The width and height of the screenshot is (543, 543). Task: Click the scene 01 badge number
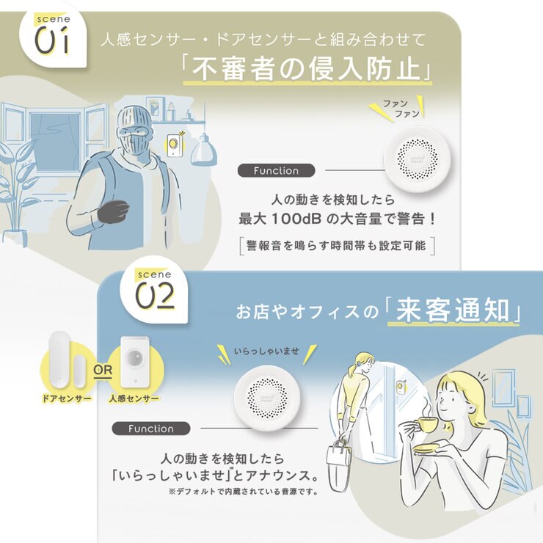coord(52,42)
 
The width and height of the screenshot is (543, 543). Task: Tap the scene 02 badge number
coord(154,296)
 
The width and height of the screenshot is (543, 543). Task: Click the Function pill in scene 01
coord(276,171)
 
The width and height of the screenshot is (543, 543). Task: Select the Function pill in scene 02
coord(151,429)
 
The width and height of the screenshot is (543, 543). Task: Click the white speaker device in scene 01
coord(418,159)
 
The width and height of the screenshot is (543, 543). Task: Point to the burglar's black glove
coord(113,211)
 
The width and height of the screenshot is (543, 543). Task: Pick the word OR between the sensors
coord(103,370)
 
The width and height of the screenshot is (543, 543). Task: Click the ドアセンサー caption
coord(67,399)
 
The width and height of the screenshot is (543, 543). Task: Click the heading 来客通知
coord(453,310)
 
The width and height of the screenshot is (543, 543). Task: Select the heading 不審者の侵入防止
coord(306,68)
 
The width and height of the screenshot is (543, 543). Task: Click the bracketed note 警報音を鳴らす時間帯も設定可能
coord(337,246)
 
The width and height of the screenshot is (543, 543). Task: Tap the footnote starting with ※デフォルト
coord(243,491)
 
